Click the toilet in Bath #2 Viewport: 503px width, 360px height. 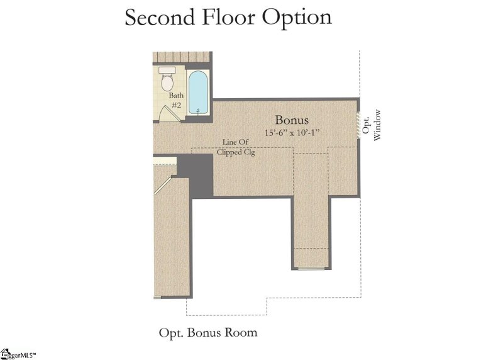coord(167,82)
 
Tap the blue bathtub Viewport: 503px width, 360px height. coord(198,93)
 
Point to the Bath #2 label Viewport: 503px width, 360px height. coord(175,100)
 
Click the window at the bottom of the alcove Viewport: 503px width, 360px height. coord(311,269)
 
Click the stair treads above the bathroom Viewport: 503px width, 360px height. coord(180,57)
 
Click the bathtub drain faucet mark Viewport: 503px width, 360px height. coord(198,111)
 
